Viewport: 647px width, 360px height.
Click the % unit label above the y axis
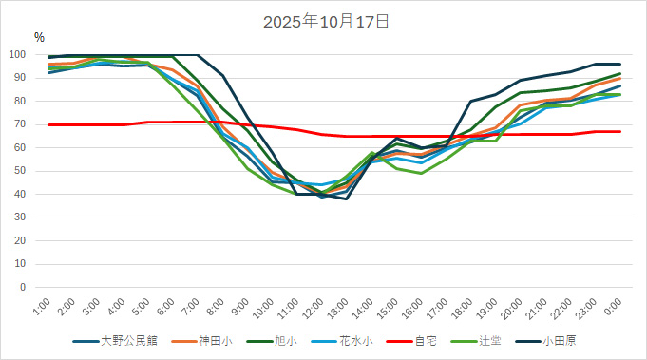[x=39, y=37]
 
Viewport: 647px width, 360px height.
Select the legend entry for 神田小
[x=209, y=340]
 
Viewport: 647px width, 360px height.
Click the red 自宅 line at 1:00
[x=49, y=124]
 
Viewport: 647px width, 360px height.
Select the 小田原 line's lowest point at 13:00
[x=347, y=199]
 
